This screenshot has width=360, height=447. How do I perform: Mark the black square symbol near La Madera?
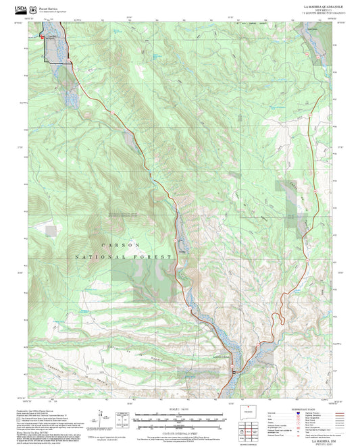(234, 371)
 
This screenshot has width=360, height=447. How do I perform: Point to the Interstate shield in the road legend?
(297, 415)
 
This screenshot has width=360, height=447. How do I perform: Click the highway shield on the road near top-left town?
(66, 63)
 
